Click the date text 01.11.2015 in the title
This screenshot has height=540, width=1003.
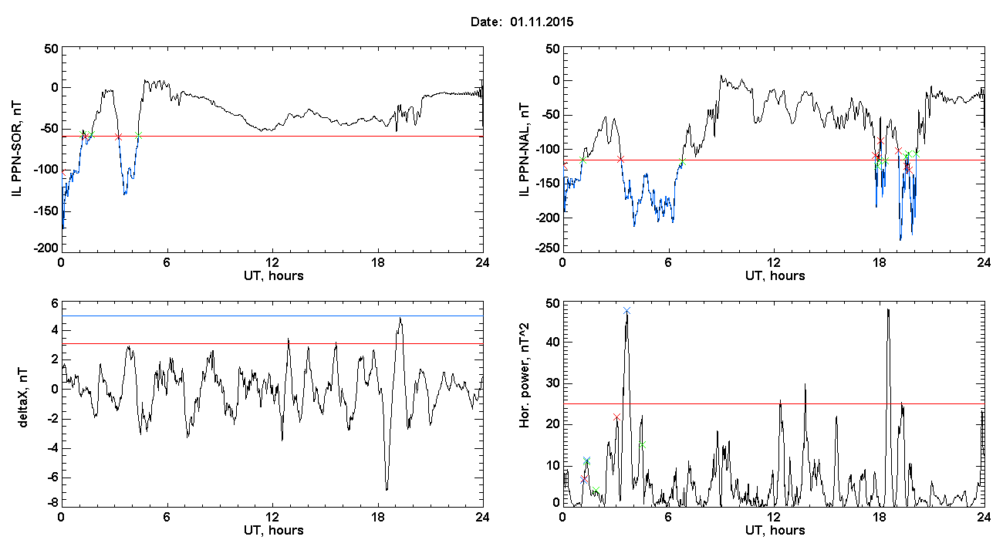(542, 22)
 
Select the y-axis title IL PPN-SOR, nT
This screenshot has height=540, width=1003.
(16, 150)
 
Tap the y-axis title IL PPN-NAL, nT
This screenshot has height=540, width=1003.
(524, 150)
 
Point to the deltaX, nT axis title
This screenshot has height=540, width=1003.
(23, 398)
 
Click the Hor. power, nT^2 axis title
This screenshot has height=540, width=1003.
(524, 376)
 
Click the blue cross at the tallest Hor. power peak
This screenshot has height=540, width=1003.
(626, 310)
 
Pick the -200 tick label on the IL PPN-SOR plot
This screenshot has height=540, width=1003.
(46, 248)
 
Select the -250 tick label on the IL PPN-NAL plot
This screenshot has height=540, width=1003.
(547, 248)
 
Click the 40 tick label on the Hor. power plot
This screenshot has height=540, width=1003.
(553, 342)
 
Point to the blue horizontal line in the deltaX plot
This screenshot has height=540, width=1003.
(272, 316)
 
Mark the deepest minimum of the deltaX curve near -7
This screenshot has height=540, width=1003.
(387, 489)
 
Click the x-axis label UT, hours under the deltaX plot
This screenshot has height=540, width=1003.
(274, 531)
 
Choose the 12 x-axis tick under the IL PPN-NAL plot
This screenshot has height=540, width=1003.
(773, 263)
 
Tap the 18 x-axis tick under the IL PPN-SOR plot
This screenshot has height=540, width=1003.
(377, 263)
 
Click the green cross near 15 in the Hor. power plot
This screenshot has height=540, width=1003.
(642, 444)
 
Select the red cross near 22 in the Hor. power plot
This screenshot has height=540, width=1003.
(616, 417)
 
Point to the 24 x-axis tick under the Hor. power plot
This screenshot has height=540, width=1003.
(984, 518)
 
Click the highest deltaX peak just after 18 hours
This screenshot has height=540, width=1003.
(400, 319)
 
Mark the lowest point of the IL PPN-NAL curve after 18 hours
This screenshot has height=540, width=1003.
(900, 240)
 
